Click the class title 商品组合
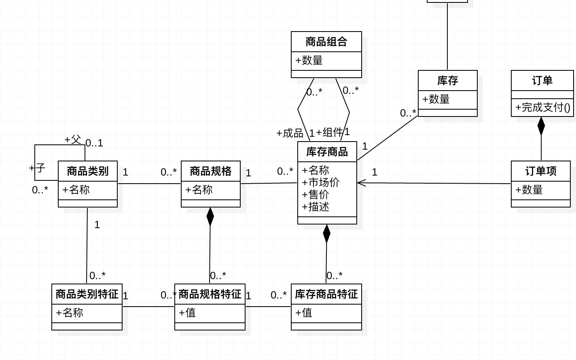326,42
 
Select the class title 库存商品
327,152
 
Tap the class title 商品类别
88,171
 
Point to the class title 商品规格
211,171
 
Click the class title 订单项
541,171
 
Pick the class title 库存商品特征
326,294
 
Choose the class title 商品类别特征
87,294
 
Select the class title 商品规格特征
210,294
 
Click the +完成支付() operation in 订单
542,107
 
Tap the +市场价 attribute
321,182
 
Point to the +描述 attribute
316,207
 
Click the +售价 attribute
316,195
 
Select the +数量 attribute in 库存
436,99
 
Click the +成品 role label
290,133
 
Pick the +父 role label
73,140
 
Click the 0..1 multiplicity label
94,143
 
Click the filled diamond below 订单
541,126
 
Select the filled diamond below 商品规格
210,217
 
